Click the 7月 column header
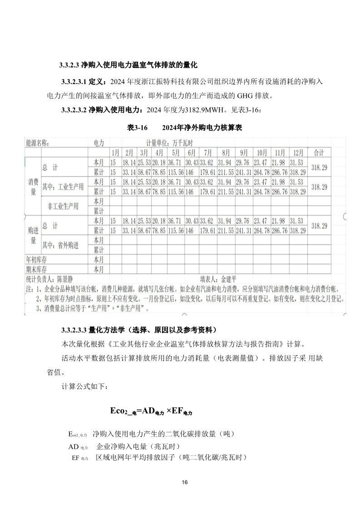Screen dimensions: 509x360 (x=208, y=152)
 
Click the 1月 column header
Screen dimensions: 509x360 (x=115, y=152)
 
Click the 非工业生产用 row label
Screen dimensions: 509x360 (x=63, y=206)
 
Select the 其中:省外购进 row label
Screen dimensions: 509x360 (x=60, y=245)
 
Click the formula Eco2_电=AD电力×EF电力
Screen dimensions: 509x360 (x=151, y=411)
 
